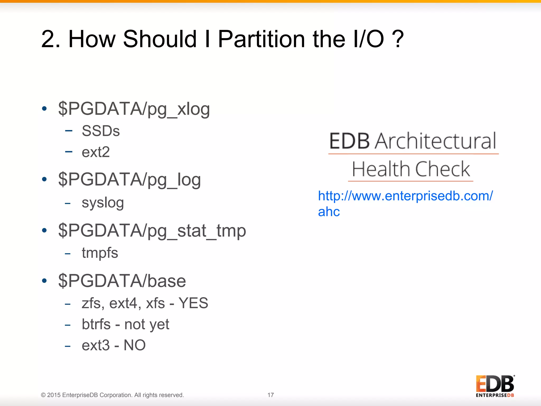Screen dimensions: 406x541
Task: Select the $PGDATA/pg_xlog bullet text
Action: (x=134, y=109)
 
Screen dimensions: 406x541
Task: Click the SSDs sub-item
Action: (x=101, y=131)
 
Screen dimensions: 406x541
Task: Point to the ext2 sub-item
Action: (x=96, y=152)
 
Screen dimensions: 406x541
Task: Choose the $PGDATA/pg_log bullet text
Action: (x=129, y=180)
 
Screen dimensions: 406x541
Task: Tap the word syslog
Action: (x=103, y=203)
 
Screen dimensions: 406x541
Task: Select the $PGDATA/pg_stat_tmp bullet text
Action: (x=152, y=231)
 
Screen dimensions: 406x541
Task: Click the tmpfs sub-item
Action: (x=100, y=253)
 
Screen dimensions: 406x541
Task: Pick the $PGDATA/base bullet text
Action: (x=122, y=281)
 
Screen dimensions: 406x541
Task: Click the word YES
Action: (x=193, y=303)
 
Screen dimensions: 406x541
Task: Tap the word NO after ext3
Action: (x=134, y=345)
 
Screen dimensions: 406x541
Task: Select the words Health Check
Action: (x=411, y=169)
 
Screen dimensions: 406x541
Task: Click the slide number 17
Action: (x=270, y=395)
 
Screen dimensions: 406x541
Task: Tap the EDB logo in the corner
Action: (x=495, y=386)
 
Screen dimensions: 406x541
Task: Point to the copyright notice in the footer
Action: (x=112, y=395)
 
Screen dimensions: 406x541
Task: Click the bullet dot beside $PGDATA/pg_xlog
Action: (x=44, y=108)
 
